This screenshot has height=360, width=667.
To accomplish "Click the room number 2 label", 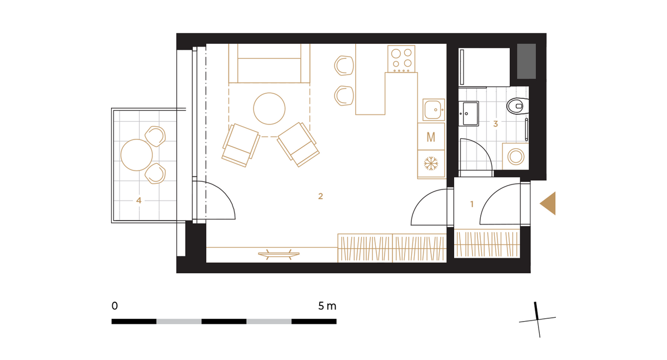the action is pos(320,196).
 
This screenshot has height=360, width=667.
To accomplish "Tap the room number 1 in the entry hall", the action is pos(472,204).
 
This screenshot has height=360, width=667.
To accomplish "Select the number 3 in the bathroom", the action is pos(495,124).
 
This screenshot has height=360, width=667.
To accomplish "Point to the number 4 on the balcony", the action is pos(139,201).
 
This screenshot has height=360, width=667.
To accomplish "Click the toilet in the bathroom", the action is pos(518,106).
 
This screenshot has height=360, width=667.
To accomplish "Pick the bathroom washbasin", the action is pos(469,114).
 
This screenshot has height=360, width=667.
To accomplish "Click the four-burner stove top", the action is pos(401,59).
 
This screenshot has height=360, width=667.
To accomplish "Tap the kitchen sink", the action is pos(434,110).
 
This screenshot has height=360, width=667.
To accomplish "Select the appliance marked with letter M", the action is pos(431,137).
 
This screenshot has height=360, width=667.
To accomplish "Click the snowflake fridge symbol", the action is pos(431,164).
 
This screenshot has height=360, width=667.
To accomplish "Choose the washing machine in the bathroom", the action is pos(516,157).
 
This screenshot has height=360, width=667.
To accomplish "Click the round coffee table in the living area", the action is pos(269,108).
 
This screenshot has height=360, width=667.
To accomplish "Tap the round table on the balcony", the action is pos(137,155).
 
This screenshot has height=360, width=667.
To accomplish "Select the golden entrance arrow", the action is pos(548,203).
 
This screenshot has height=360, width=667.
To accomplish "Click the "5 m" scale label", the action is pos(327,306).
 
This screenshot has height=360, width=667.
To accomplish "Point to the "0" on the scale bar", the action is pos(115,306).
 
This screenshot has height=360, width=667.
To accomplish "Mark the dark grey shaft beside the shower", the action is pos(526,61).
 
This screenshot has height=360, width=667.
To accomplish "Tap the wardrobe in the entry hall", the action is pos(487,243).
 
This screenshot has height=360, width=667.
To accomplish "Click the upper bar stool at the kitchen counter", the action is pos(344,66).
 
